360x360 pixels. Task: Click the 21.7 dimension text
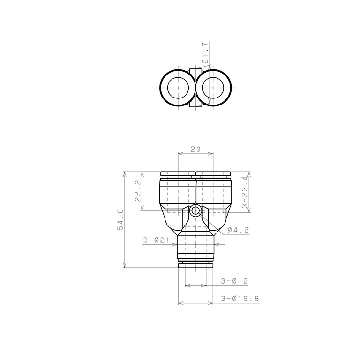click(205, 53)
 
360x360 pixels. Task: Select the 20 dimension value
click(195, 149)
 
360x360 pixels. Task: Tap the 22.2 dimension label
click(138, 191)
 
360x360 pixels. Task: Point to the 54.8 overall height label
click(120, 219)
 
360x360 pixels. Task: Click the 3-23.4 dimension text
click(245, 192)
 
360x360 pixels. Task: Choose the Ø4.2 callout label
click(238, 230)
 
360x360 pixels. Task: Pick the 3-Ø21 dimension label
click(156, 240)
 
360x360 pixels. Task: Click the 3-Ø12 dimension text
click(234, 281)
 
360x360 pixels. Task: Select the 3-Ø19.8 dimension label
click(240, 299)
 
